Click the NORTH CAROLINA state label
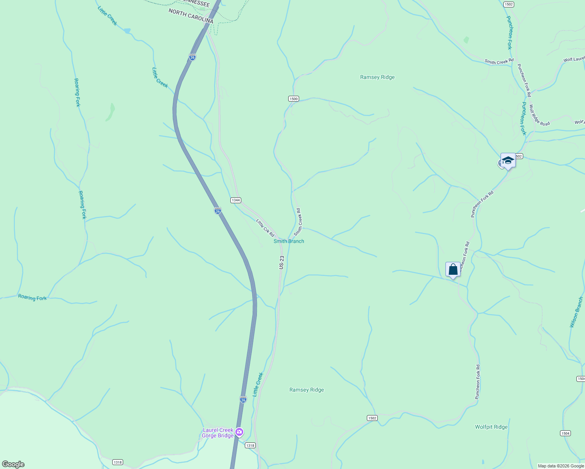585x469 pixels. (191, 16)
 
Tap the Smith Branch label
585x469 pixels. (289, 241)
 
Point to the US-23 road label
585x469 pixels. (282, 262)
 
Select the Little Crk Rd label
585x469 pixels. (265, 227)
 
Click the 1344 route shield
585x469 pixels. (235, 200)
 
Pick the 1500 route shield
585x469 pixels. (294, 98)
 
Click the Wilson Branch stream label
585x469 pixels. (576, 312)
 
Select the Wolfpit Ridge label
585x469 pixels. (491, 427)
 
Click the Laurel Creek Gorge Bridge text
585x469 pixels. (218, 433)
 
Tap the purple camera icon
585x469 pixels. (239, 432)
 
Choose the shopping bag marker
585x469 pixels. (453, 269)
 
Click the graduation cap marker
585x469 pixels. (508, 160)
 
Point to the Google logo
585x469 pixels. (13, 464)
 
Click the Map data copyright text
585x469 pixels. (561, 466)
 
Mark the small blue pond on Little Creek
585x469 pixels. (127, 30)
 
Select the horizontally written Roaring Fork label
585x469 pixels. (32, 297)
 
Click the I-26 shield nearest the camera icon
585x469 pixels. (243, 399)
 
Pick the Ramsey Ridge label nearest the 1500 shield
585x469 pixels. (377, 77)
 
